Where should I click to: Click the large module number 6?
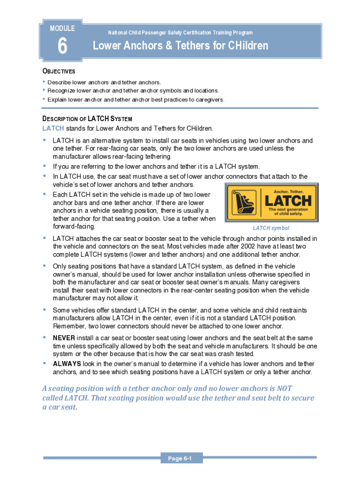(62, 47)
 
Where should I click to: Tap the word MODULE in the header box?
(62, 29)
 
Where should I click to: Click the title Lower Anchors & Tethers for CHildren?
(180, 46)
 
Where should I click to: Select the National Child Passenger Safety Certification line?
(180, 33)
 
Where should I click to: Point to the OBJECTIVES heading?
(58, 72)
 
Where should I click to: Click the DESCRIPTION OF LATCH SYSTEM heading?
(87, 119)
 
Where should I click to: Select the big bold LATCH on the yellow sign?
(288, 201)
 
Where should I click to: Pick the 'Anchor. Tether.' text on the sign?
(288, 191)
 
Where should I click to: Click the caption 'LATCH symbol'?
(271, 228)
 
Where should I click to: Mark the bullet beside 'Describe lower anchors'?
(44, 82)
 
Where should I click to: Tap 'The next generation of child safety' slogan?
(288, 211)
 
